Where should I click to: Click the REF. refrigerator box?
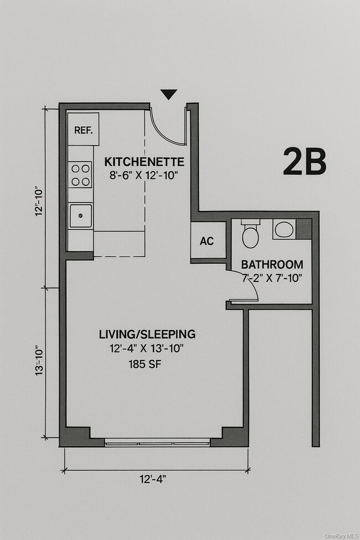coord(84,130)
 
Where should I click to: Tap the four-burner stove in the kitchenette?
coord(80,174)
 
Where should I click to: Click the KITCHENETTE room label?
coord(144,162)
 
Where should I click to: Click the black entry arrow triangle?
coord(169,95)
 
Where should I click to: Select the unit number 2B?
coord(304,162)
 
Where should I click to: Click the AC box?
coord(207,241)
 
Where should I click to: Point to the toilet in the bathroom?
coord(250,234)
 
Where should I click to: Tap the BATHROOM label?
coord(272,264)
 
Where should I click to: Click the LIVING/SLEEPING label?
coord(147,334)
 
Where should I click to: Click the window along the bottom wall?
coord(157,443)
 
